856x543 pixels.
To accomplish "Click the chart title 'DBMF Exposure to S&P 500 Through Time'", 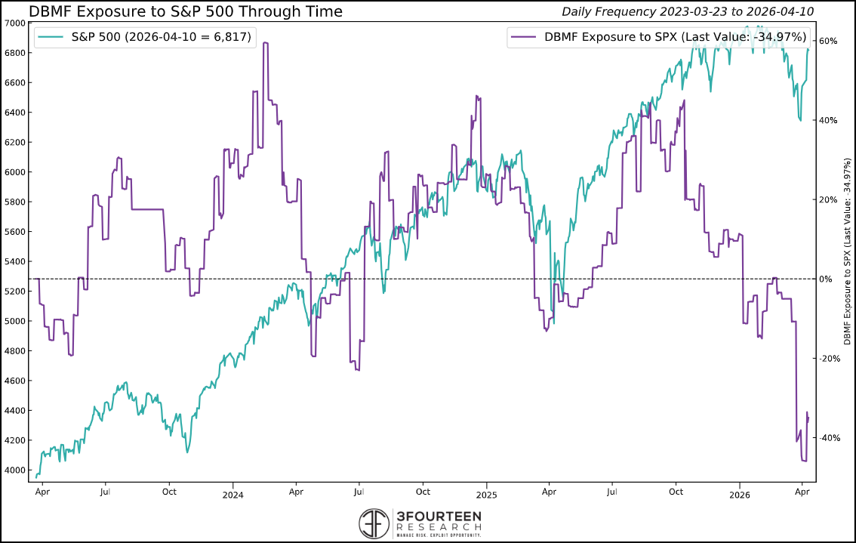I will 186,11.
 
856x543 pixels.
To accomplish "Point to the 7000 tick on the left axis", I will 14,23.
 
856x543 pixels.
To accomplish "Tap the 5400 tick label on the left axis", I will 14,261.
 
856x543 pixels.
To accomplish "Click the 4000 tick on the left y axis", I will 14,470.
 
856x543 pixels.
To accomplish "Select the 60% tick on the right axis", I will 829,41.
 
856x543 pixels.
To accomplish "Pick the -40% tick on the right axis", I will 830,438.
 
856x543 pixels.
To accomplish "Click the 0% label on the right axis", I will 826,279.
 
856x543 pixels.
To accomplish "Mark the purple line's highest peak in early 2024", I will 265,43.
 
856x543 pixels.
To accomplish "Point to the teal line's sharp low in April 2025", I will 554,322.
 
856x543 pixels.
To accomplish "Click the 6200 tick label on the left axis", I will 14,142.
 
